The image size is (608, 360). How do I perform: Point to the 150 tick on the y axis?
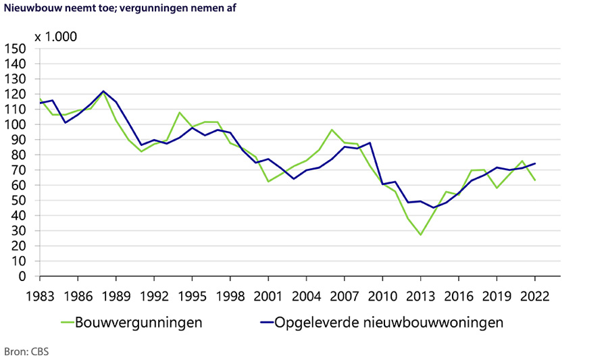click(x=15, y=49)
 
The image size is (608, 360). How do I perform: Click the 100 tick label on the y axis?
click(x=15, y=125)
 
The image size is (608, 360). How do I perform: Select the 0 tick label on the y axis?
click(x=22, y=276)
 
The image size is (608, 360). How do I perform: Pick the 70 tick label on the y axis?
click(x=18, y=170)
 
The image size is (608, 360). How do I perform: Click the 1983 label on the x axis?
click(x=40, y=295)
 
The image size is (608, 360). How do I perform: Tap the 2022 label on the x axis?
click(x=535, y=295)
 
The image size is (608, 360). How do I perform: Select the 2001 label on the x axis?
click(x=268, y=295)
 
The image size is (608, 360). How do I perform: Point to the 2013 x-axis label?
click(x=421, y=295)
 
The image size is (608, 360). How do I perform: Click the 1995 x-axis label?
click(x=192, y=295)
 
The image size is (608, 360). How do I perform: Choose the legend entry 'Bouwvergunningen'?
click(x=139, y=323)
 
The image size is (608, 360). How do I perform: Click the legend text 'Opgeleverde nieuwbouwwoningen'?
click(x=388, y=323)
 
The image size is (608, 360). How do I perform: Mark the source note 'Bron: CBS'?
click(x=26, y=352)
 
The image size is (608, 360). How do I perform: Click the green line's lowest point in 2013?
click(x=421, y=235)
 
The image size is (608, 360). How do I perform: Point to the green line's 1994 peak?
click(x=180, y=112)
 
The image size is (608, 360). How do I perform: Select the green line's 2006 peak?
click(x=332, y=130)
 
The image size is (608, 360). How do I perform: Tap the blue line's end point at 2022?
click(x=535, y=163)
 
